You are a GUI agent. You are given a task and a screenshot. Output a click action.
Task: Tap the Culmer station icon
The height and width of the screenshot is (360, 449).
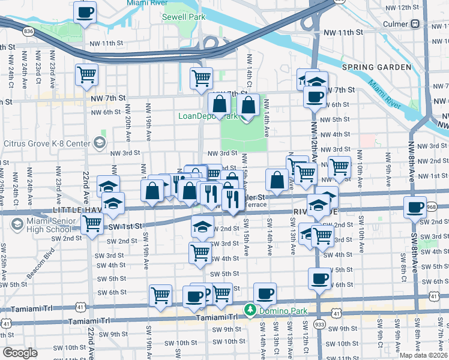click(x=415, y=24)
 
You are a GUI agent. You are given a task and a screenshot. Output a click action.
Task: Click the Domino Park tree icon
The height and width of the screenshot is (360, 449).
click(x=250, y=310)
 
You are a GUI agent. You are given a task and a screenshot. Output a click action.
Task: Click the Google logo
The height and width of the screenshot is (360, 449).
click(x=20, y=353)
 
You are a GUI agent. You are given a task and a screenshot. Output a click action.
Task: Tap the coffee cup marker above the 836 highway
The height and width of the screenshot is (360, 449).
click(x=85, y=11)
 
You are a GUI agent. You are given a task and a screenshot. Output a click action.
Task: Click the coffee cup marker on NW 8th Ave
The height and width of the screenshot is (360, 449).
click(x=415, y=208)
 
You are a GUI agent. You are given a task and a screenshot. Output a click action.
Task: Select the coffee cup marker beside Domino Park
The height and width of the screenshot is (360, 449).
click(x=265, y=294)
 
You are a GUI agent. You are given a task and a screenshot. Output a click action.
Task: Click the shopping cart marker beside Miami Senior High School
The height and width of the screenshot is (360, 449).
click(x=92, y=223)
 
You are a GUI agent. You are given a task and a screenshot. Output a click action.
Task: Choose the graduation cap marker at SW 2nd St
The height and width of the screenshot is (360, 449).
click(x=203, y=227)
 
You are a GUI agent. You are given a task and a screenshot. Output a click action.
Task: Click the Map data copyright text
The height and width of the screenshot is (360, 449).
click(x=424, y=355)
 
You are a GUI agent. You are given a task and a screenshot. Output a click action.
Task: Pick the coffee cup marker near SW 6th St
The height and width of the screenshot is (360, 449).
click(x=319, y=278)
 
